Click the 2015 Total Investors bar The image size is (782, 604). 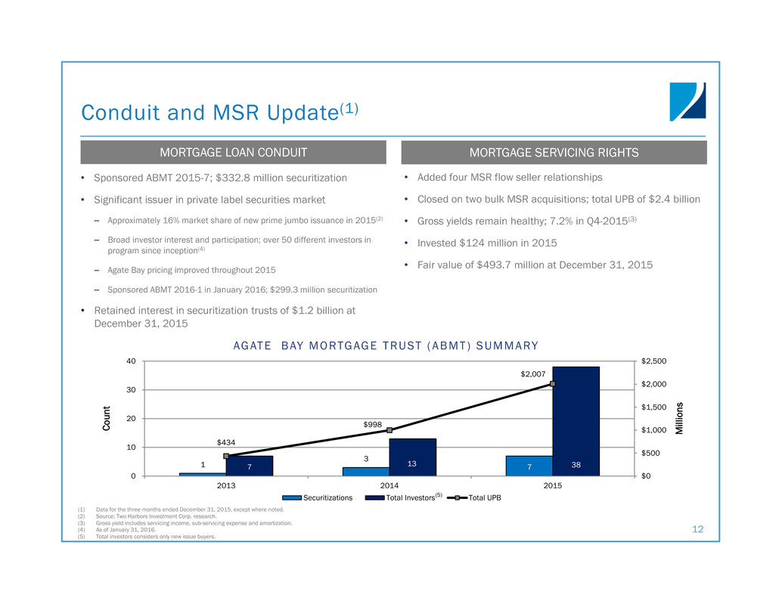tap(576, 421)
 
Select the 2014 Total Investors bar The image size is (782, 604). tap(412, 457)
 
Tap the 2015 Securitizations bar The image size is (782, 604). tap(529, 466)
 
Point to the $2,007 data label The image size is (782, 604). tap(533, 373)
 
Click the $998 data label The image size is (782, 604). tap(373, 425)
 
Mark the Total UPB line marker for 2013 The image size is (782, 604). tap(226, 456)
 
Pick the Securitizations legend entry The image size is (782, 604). tap(317, 498)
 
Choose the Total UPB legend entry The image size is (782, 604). tap(474, 498)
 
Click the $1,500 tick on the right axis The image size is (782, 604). tap(654, 407)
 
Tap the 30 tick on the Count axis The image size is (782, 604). tap(131, 390)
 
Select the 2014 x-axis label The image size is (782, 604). tap(389, 485)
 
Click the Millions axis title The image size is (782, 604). tap(678, 419)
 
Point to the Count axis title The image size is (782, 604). tap(106, 418)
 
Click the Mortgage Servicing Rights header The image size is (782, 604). tap(554, 153)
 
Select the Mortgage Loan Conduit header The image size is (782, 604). tap(234, 153)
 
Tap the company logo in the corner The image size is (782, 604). tap(687, 101)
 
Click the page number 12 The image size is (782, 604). tap(698, 529)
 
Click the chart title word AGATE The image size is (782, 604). tap(253, 346)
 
